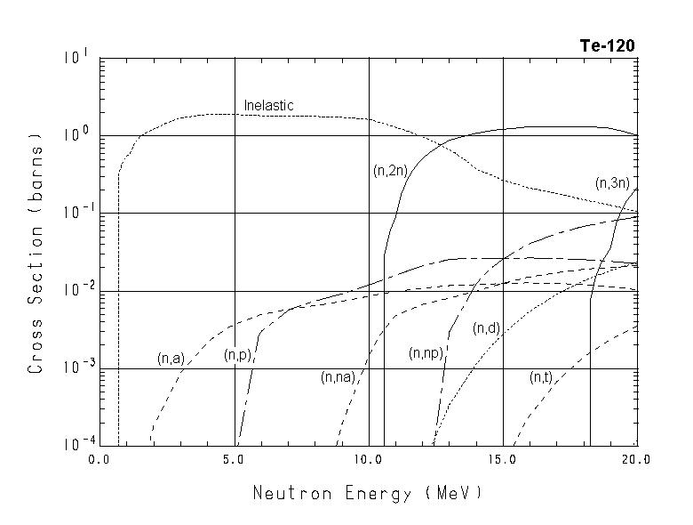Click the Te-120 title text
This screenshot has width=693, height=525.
click(607, 46)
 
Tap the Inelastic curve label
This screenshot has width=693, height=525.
click(268, 106)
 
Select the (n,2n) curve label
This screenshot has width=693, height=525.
click(390, 171)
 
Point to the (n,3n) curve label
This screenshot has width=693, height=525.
click(612, 183)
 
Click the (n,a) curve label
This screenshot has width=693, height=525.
click(170, 359)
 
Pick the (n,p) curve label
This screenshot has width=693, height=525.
click(237, 356)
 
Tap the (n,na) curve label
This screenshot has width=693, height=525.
click(338, 377)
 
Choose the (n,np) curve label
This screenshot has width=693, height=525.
click(426, 353)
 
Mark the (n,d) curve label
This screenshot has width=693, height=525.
click(487, 328)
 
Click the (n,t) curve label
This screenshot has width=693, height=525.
click(540, 377)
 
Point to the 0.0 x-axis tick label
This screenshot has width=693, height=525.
click(100, 460)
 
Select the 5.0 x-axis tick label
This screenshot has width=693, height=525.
click(234, 460)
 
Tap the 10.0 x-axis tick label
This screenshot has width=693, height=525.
click(368, 460)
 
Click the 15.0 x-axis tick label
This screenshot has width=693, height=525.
click(502, 460)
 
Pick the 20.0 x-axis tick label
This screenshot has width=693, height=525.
click(636, 460)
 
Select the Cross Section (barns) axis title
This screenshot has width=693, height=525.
click(36, 253)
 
